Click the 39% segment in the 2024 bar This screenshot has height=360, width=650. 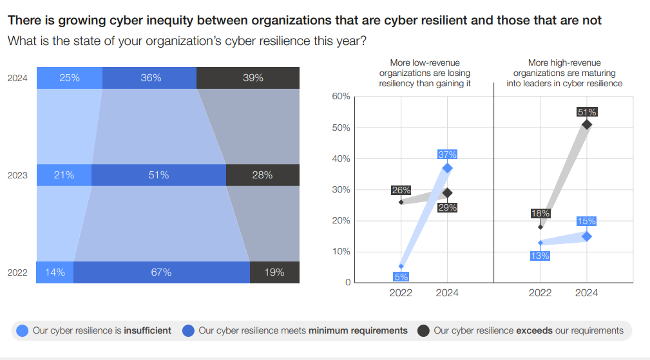tap(248, 78)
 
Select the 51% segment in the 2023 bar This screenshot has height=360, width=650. tap(158, 175)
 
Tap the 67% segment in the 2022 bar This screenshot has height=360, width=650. tap(161, 272)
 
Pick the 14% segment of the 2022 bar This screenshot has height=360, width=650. tap(55, 272)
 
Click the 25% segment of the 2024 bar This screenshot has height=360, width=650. tap(70, 78)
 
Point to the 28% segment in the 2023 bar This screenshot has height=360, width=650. tap(263, 175)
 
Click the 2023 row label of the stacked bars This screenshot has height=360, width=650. tap(17, 175)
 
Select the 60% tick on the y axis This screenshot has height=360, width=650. tap(341, 97)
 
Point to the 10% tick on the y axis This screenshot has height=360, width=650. tap(341, 252)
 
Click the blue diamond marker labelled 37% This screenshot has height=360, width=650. tap(447, 168)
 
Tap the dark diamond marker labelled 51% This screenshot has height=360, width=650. tap(587, 124)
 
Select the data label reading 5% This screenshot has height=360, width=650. tap(401, 277)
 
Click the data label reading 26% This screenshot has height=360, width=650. tap(401, 191)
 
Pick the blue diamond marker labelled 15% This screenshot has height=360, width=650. tap(587, 236)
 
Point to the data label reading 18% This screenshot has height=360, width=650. tap(540, 214)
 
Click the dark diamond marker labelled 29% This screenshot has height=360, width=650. tap(447, 193)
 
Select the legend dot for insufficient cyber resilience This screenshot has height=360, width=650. tap(23, 330)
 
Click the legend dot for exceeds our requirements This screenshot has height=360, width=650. tap(423, 330)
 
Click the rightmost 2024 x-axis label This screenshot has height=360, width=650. tap(586, 293)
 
